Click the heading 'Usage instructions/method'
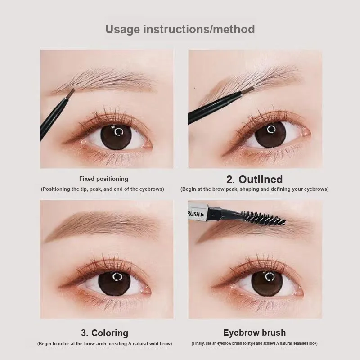[x=180, y=29]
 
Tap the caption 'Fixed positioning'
[x=104, y=179]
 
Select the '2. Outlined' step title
[x=254, y=179]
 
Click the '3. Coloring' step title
[x=105, y=333]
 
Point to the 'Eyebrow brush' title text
[x=254, y=333]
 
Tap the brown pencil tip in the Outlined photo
[x=247, y=91]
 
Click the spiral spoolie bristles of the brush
[x=264, y=218]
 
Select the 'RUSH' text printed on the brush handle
[x=194, y=215]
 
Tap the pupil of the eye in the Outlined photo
[x=270, y=135]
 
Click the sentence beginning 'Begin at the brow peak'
[x=254, y=189]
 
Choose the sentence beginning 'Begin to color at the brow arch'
[x=105, y=344]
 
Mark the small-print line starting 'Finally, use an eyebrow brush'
[x=254, y=343]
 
